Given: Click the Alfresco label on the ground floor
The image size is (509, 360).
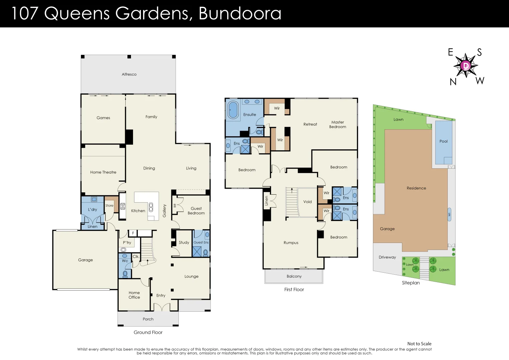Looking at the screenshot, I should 129,74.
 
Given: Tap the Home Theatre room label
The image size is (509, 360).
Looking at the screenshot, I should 103,172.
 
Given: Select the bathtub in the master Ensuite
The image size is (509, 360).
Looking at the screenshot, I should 233,110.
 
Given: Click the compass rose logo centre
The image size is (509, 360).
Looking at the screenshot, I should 466,66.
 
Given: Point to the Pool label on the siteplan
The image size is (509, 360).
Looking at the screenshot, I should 443,141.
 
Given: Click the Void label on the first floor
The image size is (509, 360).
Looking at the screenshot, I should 307,202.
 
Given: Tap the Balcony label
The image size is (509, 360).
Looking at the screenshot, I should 294,276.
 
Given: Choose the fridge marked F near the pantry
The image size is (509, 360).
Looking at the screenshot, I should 133,233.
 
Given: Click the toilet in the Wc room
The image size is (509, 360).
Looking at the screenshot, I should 125,274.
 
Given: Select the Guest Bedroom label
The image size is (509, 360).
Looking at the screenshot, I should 196,211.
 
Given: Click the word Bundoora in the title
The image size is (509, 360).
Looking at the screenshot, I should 240,13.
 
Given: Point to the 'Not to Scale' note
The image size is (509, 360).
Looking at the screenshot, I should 419,344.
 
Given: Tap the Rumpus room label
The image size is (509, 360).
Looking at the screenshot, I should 291,243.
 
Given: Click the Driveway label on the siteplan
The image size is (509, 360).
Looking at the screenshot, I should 387,257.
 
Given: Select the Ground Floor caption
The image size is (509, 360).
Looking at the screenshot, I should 148,332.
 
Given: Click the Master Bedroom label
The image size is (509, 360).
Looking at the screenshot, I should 337,124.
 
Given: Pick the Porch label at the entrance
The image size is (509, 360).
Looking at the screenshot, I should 148,319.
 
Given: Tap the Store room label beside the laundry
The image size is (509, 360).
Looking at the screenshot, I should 109,206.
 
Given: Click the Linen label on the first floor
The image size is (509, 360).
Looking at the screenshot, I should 266,201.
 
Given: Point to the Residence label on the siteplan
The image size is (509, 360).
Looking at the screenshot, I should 416,188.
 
